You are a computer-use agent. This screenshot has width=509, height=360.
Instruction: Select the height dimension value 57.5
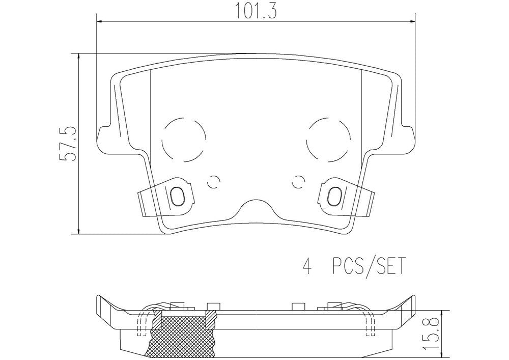(x=67, y=145)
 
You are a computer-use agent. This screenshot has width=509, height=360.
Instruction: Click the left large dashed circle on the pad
(x=184, y=137)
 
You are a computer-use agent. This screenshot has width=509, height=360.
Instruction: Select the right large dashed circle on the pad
(x=329, y=137)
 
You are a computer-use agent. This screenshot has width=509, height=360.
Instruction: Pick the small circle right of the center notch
(x=299, y=180)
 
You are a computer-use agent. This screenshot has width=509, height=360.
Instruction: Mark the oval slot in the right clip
(x=335, y=196)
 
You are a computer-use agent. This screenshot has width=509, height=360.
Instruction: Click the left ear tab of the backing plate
(x=104, y=138)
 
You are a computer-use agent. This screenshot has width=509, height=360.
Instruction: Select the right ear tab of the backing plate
(x=408, y=138)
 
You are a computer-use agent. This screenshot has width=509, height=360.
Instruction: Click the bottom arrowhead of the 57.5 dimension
(x=78, y=231)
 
